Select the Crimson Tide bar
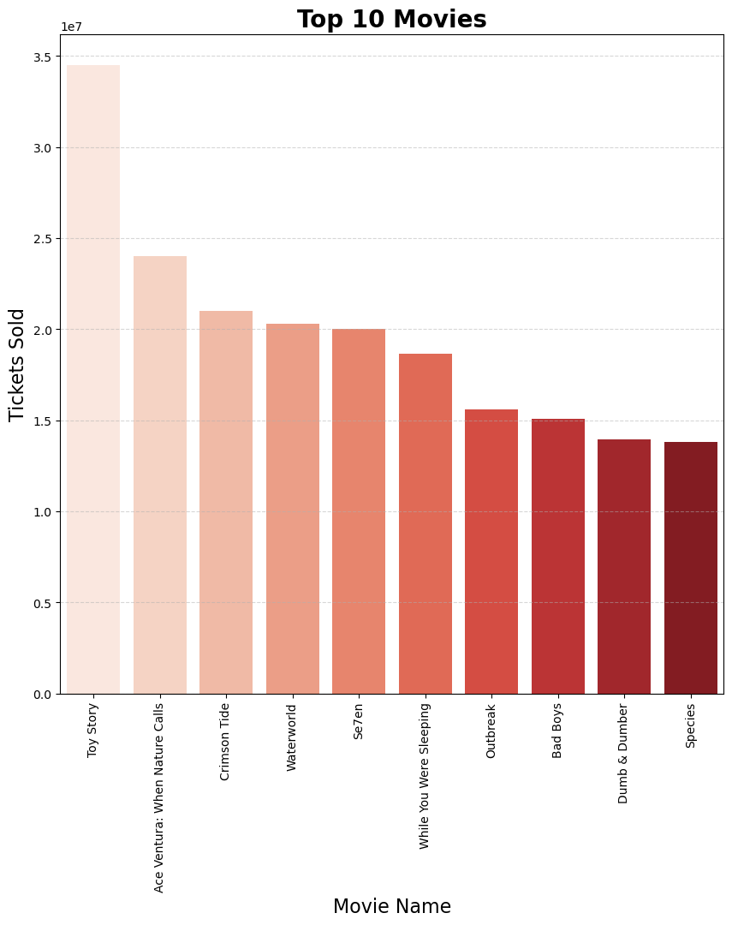226,502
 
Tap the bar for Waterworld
292,509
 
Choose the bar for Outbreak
491,552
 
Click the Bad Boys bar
558,556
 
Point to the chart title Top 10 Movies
391,20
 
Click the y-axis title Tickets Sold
17,365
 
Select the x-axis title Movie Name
391,906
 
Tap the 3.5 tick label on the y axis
42,57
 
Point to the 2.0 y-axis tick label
42,330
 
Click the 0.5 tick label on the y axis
42,603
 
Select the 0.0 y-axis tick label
42,694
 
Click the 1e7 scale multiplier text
71,27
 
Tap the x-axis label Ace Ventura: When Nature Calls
159,797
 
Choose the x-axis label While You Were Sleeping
425,776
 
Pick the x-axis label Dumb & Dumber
623,754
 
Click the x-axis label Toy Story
93,730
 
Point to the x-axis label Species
691,725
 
